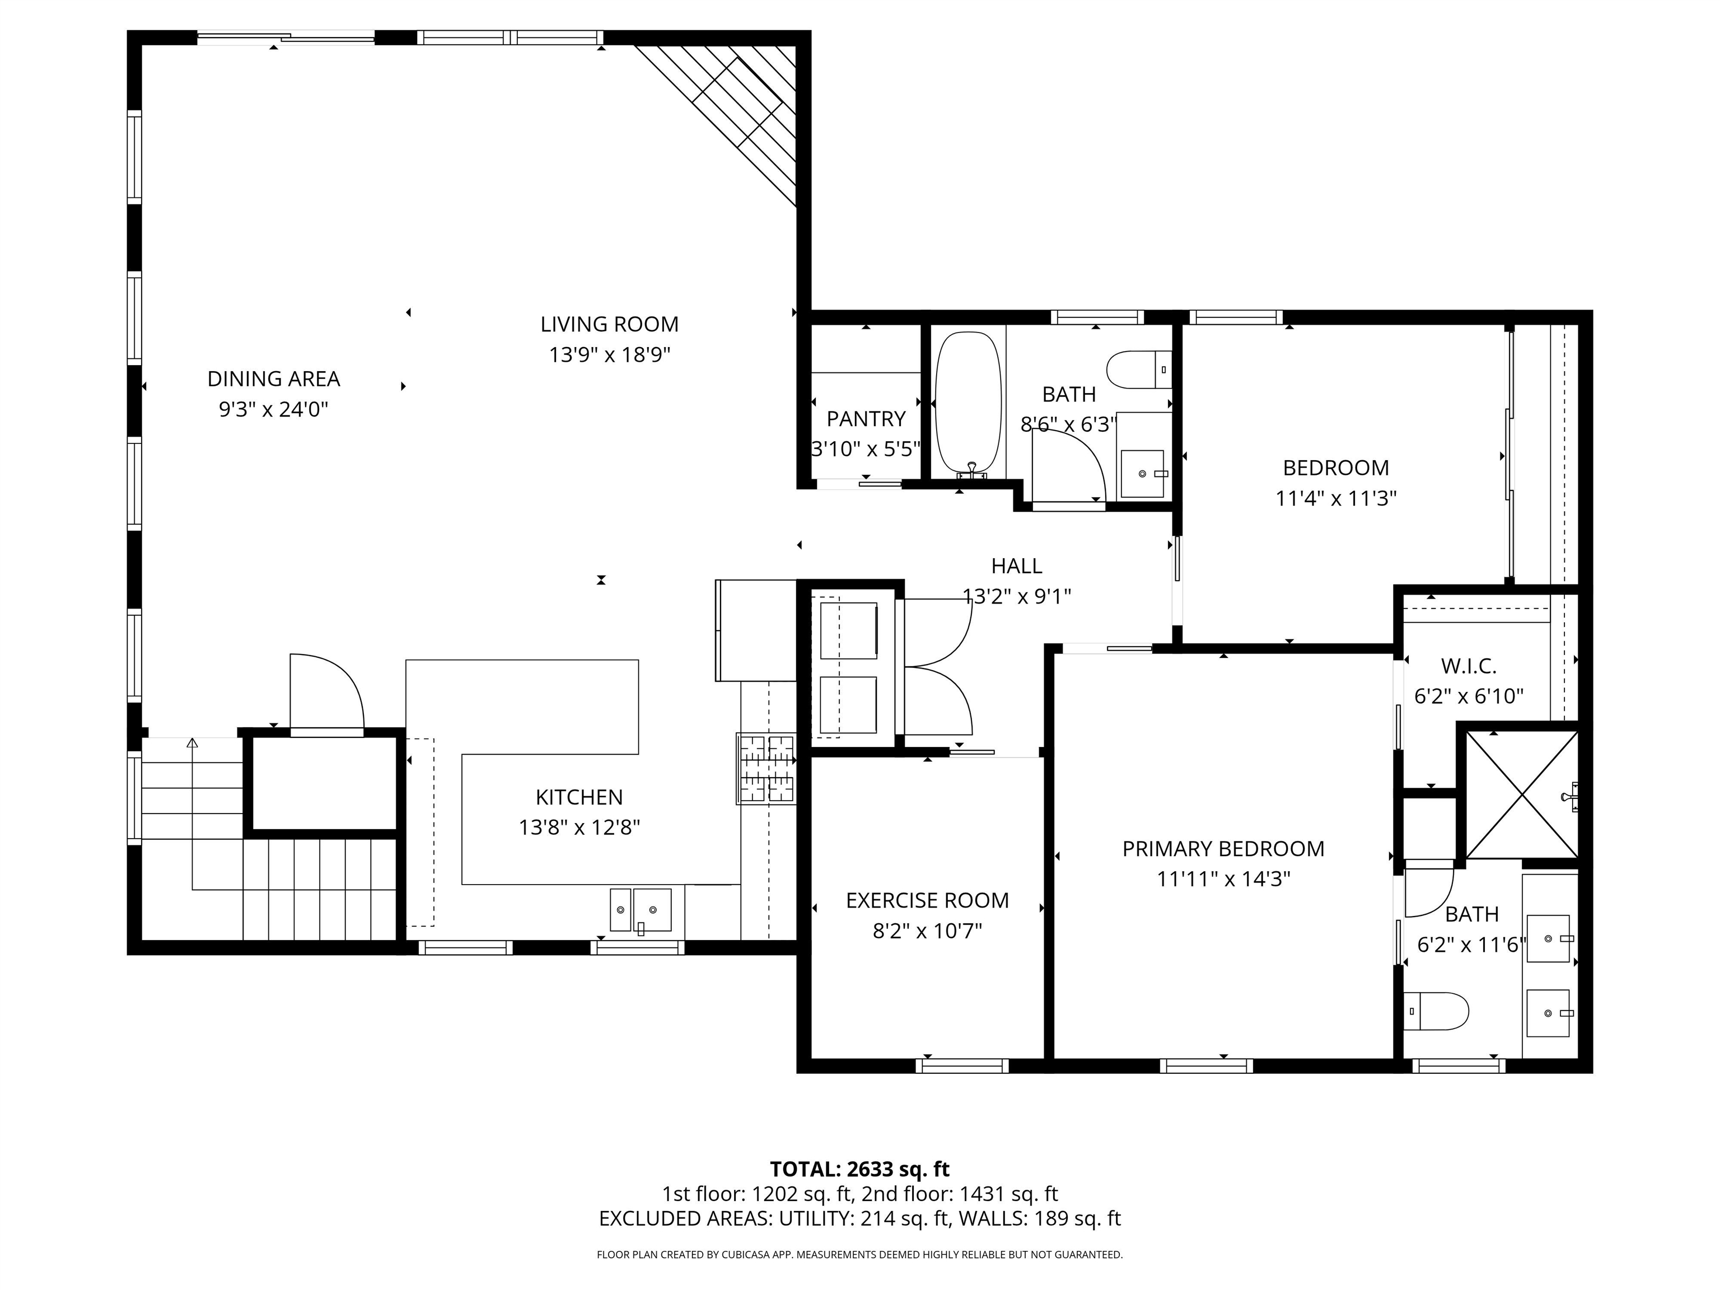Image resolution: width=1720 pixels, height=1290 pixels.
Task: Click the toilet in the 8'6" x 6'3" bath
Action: [x=1138, y=370]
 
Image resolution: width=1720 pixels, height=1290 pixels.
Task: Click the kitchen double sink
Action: [x=640, y=909]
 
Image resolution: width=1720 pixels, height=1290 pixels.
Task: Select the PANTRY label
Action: [x=866, y=419]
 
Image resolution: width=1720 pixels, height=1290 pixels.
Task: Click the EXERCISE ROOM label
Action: [x=927, y=900]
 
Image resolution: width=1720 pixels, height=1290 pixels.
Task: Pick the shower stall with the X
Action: [x=1521, y=794]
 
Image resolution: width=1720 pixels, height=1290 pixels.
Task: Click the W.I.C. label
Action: [x=1468, y=666]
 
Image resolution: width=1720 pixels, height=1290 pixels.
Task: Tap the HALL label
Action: [x=1016, y=566]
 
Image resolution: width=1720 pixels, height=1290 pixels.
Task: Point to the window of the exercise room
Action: [x=962, y=1066]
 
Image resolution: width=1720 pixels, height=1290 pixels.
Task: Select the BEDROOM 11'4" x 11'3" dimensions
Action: [x=1335, y=498]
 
